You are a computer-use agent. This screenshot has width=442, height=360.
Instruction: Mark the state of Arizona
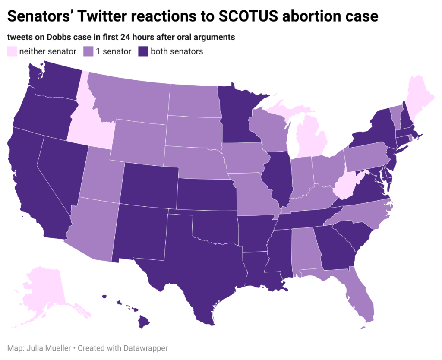pyautogui.click(x=95, y=229)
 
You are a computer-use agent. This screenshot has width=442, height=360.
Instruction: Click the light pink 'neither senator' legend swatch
pyautogui.click(x=12, y=51)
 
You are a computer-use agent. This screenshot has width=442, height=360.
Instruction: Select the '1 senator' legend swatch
pyautogui.click(x=88, y=51)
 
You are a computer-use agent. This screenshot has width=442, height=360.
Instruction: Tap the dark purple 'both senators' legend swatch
pyautogui.click(x=143, y=51)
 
